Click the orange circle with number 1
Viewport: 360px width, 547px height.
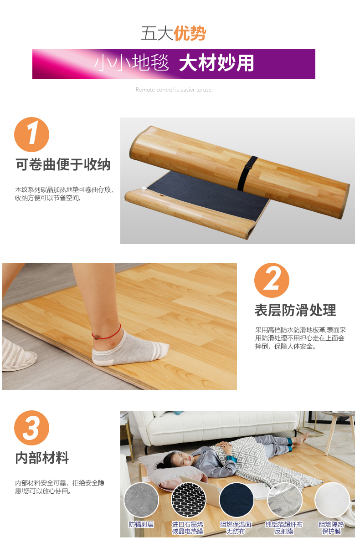pos(31,134)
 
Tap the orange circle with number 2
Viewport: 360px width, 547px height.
pos(272,280)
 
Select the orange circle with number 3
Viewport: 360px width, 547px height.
pos(31,428)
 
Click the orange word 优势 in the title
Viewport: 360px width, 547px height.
pos(190,33)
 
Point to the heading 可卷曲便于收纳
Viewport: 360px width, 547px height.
pos(63,164)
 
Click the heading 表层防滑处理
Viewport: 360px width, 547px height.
pos(295,310)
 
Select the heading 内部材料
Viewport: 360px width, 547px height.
pos(42,458)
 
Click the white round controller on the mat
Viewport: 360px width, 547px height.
pos(144,188)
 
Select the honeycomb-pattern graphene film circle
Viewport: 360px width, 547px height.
pos(189,500)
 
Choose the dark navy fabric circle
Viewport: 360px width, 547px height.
pos(237,500)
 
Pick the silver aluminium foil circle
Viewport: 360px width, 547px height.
pos(285,500)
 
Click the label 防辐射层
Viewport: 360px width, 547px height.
pos(141,525)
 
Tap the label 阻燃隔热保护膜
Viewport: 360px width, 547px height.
pos(331,528)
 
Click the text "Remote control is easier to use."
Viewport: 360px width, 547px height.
pos(174,90)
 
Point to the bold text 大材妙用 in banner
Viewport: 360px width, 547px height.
pos(216,63)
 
